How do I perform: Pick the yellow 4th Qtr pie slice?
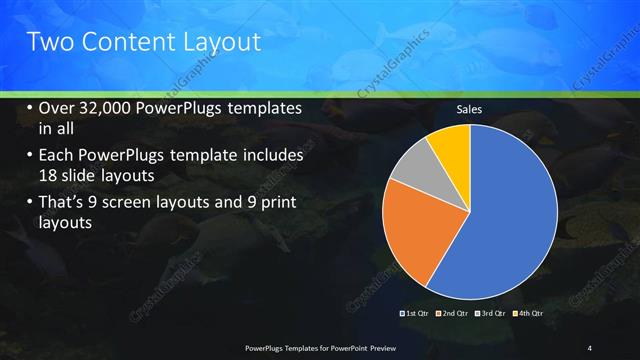pos(451,145)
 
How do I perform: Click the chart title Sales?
pos(470,110)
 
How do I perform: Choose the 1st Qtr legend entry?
pos(415,313)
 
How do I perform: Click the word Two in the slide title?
pos(47,42)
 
